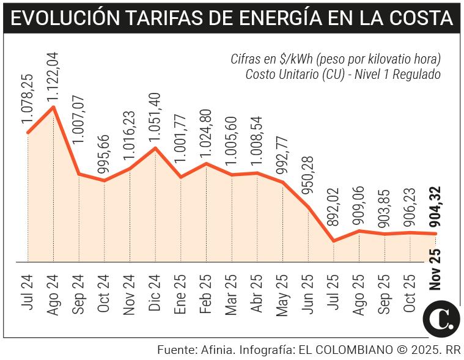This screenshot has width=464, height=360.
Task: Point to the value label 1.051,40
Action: click(x=155, y=116)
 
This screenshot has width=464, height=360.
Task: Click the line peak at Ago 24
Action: click(x=54, y=107)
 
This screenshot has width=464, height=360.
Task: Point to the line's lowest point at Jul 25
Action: click(x=334, y=241)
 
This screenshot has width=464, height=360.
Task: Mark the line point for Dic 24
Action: click(x=155, y=147)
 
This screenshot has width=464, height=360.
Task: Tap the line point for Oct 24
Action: click(x=105, y=180)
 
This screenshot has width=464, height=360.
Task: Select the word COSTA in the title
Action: click(x=421, y=19)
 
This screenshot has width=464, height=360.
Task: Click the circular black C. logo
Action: click(x=441, y=319)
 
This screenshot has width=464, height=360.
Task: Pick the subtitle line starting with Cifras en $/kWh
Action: click(x=335, y=59)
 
